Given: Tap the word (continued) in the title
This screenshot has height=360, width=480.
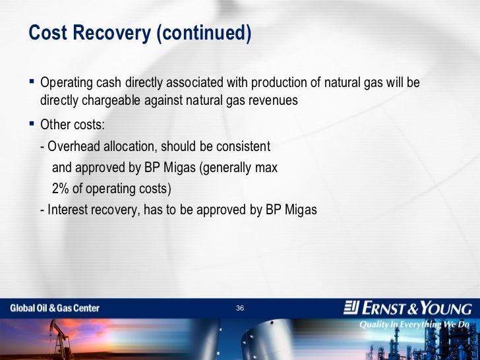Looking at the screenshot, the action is (204, 33).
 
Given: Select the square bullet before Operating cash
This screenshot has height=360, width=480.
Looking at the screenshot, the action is (32, 82).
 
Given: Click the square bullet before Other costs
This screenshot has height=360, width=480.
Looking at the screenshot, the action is (32, 124).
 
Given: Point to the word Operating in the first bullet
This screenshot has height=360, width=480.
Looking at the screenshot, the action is (67, 83).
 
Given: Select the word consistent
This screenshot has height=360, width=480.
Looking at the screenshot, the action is (243, 146).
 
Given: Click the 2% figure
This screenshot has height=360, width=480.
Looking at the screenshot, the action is (61, 189).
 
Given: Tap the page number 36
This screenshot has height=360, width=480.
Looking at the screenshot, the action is (240, 308).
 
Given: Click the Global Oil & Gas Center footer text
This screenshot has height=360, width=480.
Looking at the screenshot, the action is (55, 308).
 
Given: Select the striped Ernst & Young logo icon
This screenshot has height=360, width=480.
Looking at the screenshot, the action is (351, 307).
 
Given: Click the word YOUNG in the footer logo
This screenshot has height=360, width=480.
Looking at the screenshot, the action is (446, 308).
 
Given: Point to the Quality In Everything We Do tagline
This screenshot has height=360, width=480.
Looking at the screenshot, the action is (414, 324).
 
